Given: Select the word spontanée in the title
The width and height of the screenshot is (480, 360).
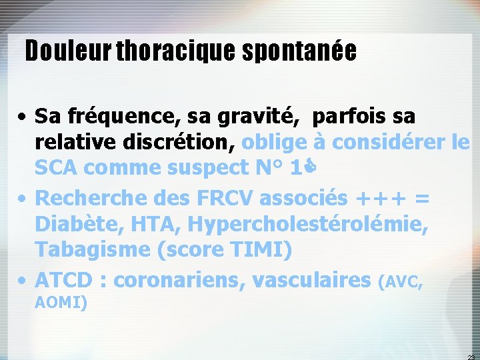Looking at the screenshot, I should point(297,51).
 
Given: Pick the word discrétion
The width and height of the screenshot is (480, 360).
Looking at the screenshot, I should point(173,143).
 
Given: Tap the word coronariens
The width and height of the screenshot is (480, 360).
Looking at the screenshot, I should point(174,279).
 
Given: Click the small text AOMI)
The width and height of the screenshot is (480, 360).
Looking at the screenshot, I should point(61,303).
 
